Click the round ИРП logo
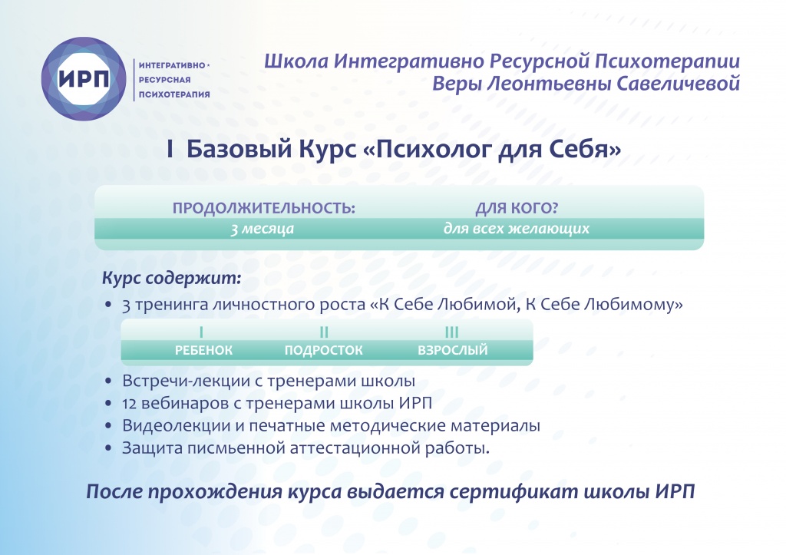pos(83,79)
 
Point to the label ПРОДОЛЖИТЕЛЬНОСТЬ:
pos(263,209)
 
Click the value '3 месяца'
pos(263,229)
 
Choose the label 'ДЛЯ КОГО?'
pos(517,209)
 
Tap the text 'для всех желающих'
pos(517,229)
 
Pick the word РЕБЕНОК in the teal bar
pos(203,351)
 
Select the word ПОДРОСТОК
pos(323,351)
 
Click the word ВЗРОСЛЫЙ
pos(452,351)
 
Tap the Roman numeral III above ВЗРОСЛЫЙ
pos(452,332)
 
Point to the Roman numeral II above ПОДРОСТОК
pos(324,332)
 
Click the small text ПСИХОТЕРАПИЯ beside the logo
pos(173,95)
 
